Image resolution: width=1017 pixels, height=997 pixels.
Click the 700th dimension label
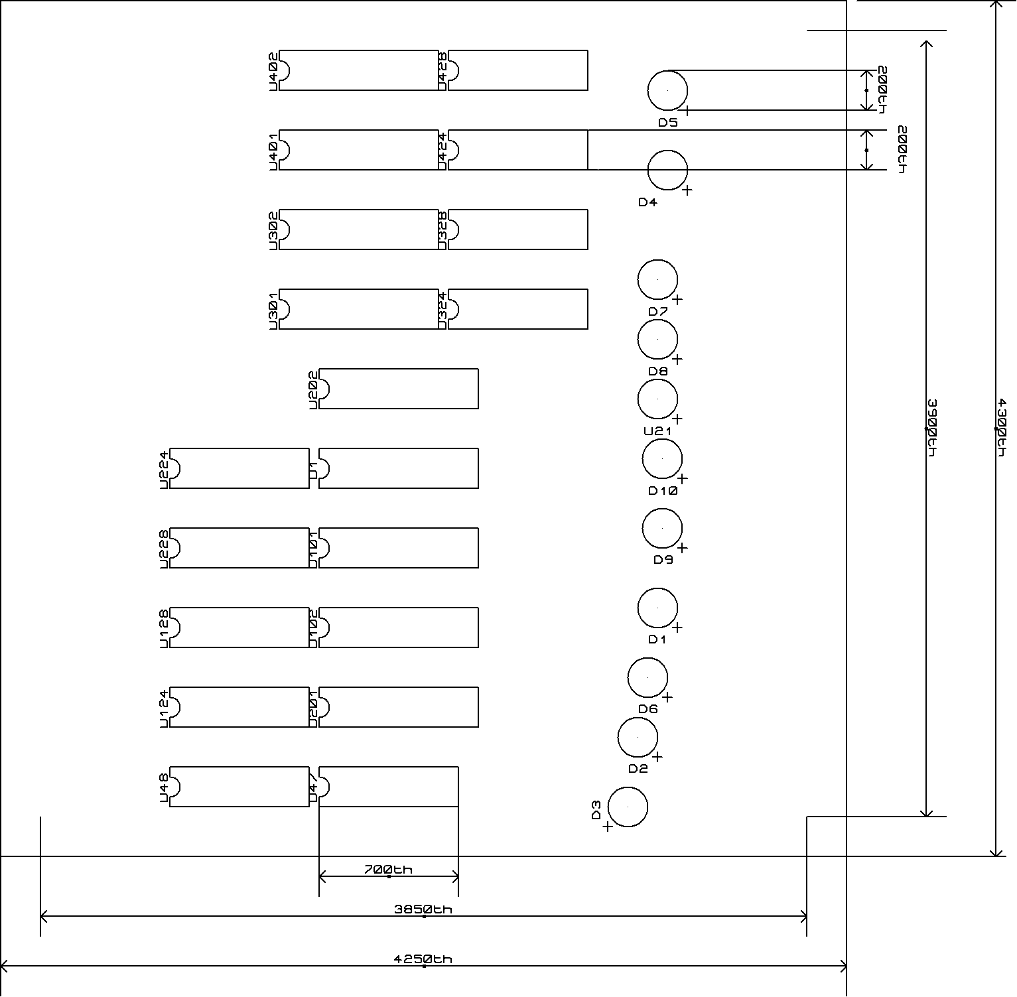[x=388, y=869]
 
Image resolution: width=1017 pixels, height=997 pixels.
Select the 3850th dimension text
[x=423, y=909]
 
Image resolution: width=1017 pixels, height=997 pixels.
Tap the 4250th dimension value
[x=423, y=959]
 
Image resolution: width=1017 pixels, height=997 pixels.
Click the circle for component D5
[x=667, y=90]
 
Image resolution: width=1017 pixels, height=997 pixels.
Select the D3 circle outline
[x=628, y=807]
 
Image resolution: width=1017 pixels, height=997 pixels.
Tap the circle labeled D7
[x=657, y=280]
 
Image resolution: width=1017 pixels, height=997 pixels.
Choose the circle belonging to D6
[x=647, y=677]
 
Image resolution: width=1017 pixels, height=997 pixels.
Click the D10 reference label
[x=663, y=491]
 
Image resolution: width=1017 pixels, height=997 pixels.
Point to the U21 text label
[x=657, y=431]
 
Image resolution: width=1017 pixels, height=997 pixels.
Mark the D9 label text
[x=663, y=559]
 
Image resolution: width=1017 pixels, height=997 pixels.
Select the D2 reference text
[x=638, y=769]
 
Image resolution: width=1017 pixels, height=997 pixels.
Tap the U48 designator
[x=164, y=787]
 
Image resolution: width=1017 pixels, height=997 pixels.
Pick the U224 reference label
[x=164, y=469]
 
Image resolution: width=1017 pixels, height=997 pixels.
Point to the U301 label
[x=273, y=310]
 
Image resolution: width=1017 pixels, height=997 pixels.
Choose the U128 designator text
[x=164, y=628]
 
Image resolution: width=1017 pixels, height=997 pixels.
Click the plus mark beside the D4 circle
[x=687, y=190]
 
